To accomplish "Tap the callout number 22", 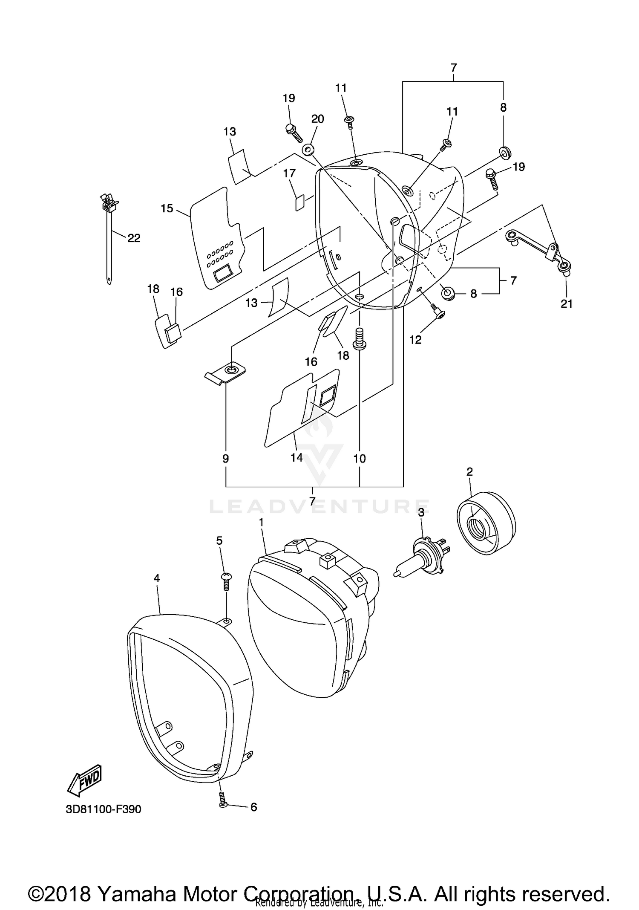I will (x=134, y=238).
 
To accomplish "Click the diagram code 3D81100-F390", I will (x=104, y=809).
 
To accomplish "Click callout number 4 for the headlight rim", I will (x=157, y=578).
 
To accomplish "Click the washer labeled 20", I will (x=308, y=150).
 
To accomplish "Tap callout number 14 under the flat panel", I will (x=296, y=457).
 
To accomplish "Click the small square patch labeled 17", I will (x=300, y=202).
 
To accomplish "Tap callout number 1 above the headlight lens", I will (x=261, y=522).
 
